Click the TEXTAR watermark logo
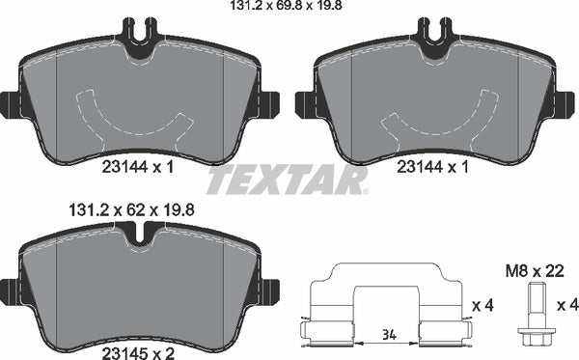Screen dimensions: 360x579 point(288,180)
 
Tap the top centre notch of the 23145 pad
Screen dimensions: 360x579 point(140,233)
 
